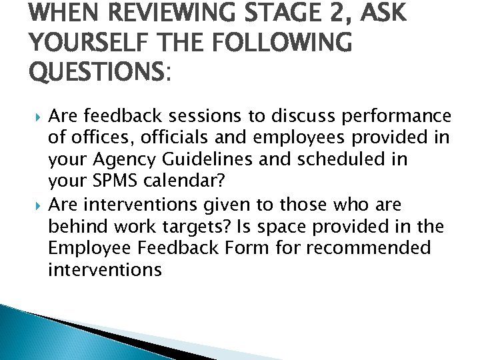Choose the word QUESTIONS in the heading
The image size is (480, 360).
96,71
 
